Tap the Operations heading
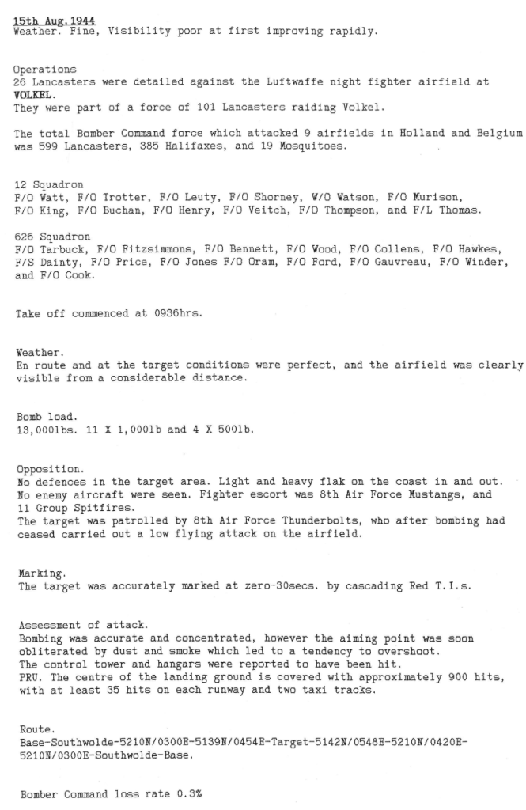click(x=45, y=70)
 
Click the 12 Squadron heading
click(x=49, y=184)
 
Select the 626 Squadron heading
click(x=52, y=236)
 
